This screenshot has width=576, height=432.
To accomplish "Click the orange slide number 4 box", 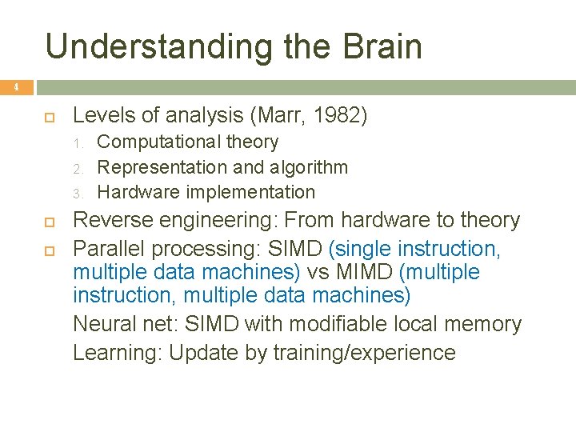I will point(15,86).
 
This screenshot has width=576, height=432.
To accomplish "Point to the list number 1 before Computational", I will point(78,143).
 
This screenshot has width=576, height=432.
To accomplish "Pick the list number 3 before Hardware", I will point(78,193).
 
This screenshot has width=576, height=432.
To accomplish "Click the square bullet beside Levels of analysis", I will point(49,116).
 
